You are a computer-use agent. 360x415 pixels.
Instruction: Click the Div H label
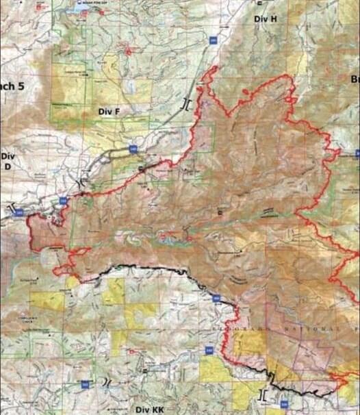pyautogui.click(x=265, y=18)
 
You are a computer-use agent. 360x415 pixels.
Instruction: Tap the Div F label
pyautogui.click(x=109, y=111)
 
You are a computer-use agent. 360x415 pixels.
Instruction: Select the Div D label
pyautogui.click(x=8, y=161)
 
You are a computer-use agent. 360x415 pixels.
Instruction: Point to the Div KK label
pyautogui.click(x=149, y=407)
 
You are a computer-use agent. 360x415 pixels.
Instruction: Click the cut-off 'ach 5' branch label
pyautogui.click(x=12, y=87)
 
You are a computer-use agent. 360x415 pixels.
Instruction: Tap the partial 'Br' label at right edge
pyautogui.click(x=355, y=80)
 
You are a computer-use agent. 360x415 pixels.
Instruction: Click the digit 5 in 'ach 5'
pyautogui.click(x=21, y=87)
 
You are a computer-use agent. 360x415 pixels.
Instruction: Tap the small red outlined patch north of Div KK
pyautogui.click(x=130, y=352)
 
